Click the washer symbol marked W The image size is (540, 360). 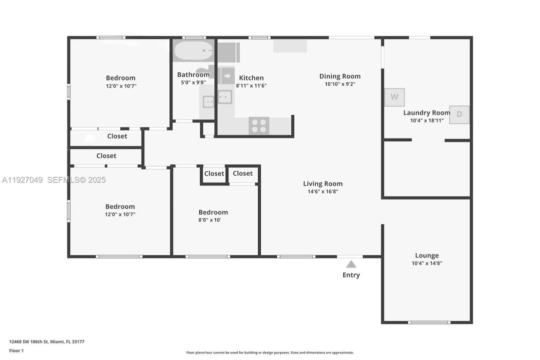394,97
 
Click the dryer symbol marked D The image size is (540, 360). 459,114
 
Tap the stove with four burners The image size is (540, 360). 259,125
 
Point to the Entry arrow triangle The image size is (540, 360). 351,264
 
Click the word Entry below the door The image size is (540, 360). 351,275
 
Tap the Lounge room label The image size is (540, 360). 427,255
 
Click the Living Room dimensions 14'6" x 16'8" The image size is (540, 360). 323,191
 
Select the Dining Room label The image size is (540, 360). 340,76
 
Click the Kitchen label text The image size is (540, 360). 251,77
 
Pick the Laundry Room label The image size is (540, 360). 427,112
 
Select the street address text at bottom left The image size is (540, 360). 46,341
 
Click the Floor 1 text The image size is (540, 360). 16,350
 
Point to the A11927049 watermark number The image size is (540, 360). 22,179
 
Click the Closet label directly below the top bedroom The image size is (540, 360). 117,136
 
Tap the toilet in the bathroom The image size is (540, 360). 227,76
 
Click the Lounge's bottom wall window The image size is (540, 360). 429,322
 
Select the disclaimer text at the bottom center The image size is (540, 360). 270,352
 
